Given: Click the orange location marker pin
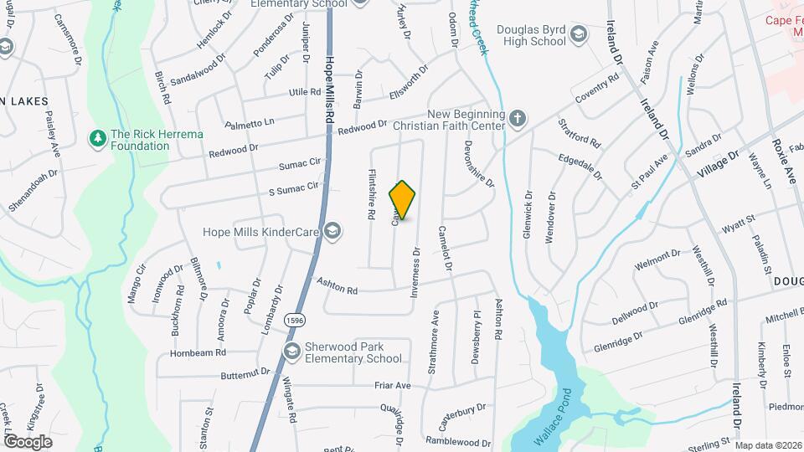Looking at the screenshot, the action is pos(403,200).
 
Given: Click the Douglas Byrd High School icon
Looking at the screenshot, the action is pos(578,34).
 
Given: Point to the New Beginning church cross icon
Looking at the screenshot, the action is pos(518,119).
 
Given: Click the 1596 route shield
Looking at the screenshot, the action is pos(294,320).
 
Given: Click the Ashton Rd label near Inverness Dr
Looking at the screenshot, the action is pos(338,287).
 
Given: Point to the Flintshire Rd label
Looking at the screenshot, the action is pos(370,195).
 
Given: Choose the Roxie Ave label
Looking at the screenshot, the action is pos(789,158).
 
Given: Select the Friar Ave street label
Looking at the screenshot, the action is pos(393,385).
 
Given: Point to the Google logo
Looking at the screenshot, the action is pos(28,441).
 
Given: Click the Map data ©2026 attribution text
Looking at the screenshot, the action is pos(767,445).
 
